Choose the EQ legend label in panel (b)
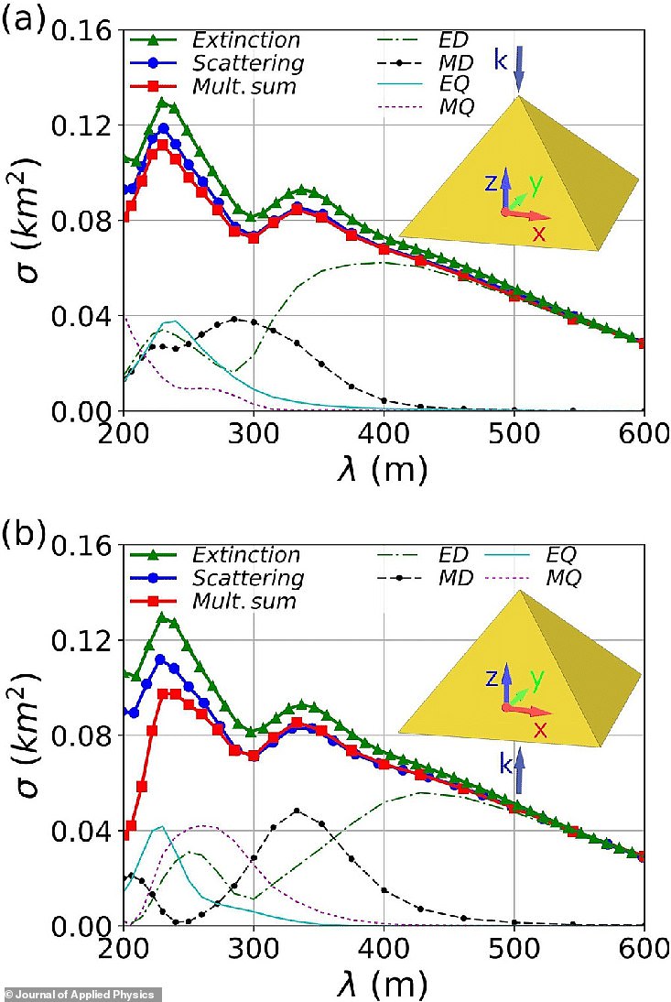(x=563, y=555)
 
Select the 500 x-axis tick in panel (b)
(x=514, y=950)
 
